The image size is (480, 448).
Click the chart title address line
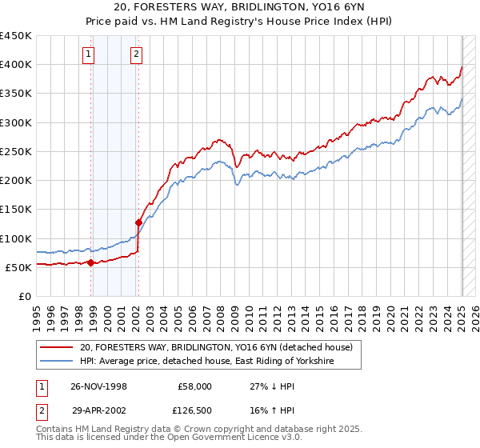click(x=240, y=8)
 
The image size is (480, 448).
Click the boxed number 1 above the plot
click(x=87, y=54)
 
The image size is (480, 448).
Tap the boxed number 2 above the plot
click(x=137, y=54)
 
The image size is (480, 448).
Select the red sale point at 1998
click(x=90, y=262)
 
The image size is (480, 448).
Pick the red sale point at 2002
click(x=138, y=222)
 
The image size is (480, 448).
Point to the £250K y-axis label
click(x=16, y=151)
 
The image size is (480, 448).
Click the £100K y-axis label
click(x=16, y=238)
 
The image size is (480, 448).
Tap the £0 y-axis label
click(x=25, y=296)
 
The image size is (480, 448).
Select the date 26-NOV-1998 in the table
click(x=99, y=386)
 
